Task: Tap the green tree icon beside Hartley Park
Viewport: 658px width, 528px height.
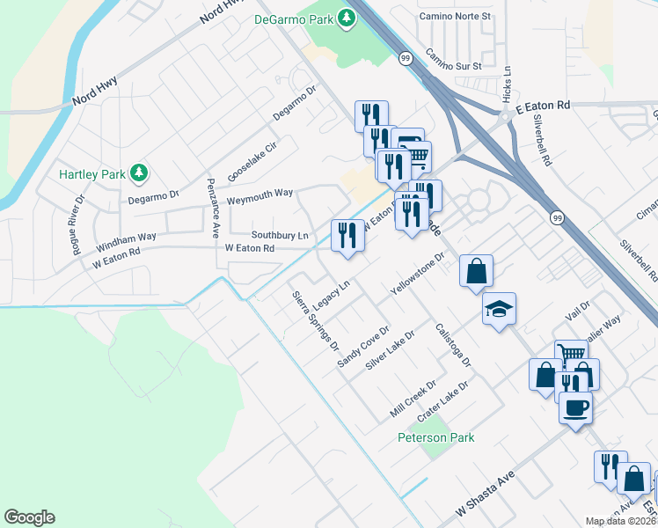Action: [138, 173]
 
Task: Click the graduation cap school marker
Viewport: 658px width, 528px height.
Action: [499, 310]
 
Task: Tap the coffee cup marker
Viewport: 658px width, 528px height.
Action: [575, 408]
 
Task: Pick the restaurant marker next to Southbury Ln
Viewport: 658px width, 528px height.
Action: [347, 235]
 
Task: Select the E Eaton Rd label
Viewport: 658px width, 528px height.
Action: [543, 105]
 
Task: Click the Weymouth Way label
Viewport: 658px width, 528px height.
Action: [260, 193]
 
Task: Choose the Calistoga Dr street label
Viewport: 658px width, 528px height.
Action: [454, 344]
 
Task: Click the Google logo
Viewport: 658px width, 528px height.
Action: [29, 517]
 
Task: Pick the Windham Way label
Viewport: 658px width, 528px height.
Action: [126, 238]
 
